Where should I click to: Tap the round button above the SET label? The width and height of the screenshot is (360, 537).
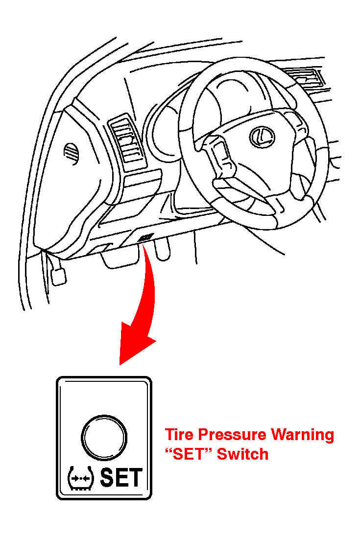[104, 437]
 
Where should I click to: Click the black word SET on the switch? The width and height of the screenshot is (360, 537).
[121, 477]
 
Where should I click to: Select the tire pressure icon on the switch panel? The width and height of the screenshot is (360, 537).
[81, 478]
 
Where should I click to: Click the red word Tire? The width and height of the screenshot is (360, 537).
[180, 435]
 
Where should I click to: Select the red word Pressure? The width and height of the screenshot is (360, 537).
[232, 435]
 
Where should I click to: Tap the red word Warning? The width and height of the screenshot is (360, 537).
[303, 435]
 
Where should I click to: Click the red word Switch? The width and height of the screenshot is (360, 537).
[242, 454]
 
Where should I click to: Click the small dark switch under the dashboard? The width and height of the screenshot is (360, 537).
[145, 237]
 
